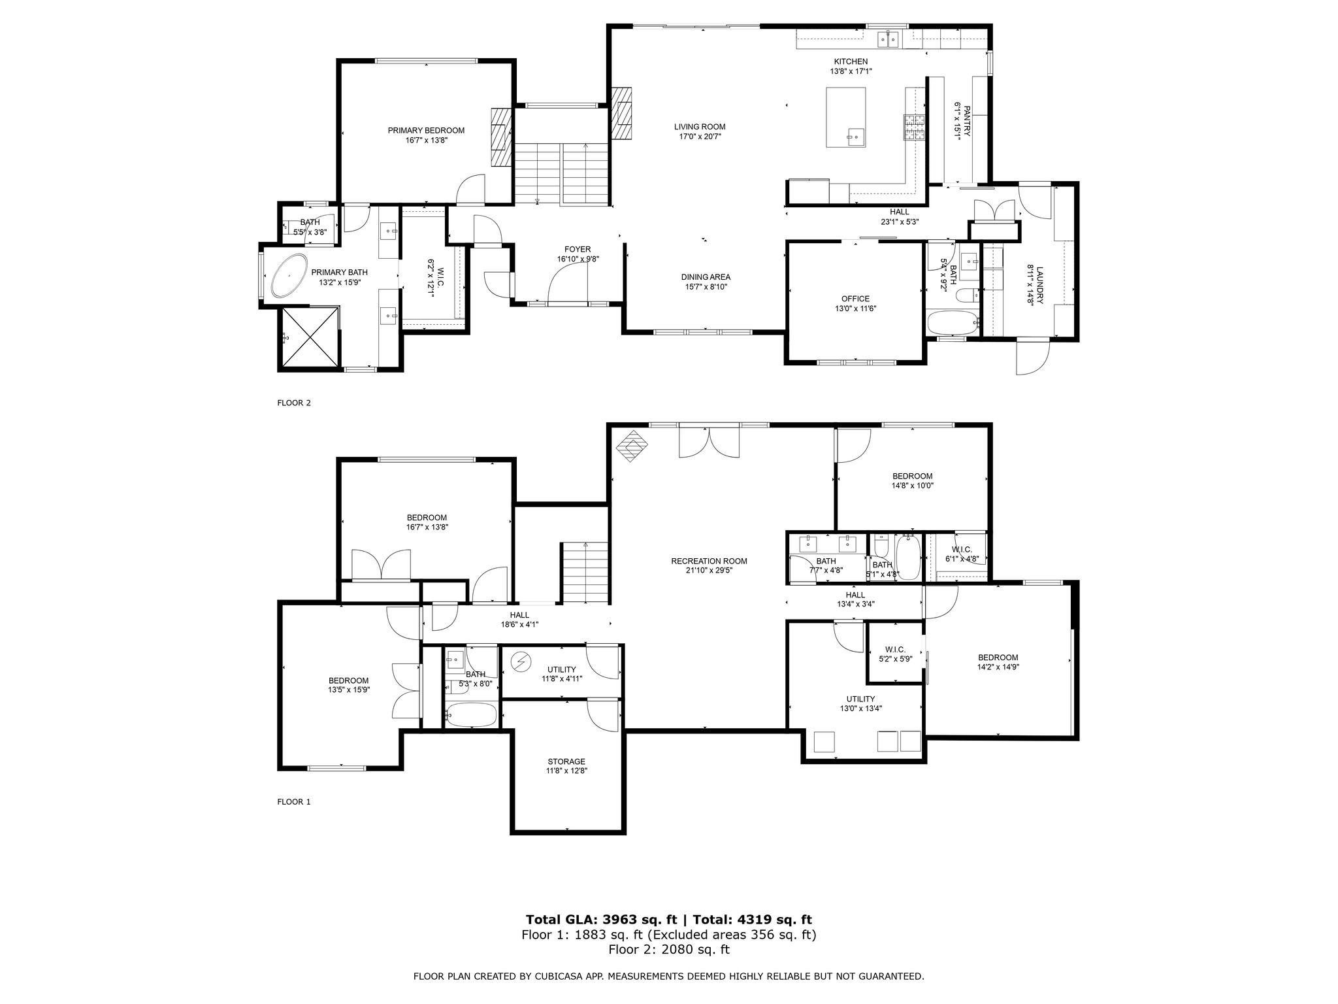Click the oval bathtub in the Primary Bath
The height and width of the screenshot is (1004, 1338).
[289, 276]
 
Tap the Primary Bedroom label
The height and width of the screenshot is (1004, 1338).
[426, 131]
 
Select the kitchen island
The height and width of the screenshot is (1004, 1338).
[845, 118]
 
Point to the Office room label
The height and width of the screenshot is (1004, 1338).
[855, 299]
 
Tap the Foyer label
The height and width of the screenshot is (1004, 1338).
[578, 250]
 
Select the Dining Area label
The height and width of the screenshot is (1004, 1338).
[706, 277]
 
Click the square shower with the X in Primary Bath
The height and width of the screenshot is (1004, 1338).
[310, 337]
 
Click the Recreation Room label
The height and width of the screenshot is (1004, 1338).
[709, 561]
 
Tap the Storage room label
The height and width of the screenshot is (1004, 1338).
[566, 761]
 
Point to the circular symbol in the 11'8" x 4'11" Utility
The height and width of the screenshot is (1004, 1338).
[521, 662]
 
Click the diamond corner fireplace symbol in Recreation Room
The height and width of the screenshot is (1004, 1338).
[632, 446]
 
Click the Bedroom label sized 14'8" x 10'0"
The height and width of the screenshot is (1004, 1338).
[912, 477]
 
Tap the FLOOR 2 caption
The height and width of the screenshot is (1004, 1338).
[294, 403]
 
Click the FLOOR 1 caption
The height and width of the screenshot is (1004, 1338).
[294, 802]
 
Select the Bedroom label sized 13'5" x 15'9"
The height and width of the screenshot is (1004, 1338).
[348, 680]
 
